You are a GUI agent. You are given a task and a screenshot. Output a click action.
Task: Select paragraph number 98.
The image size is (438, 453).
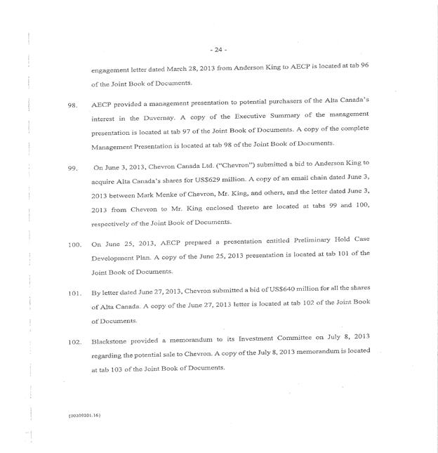tap(72, 105)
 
